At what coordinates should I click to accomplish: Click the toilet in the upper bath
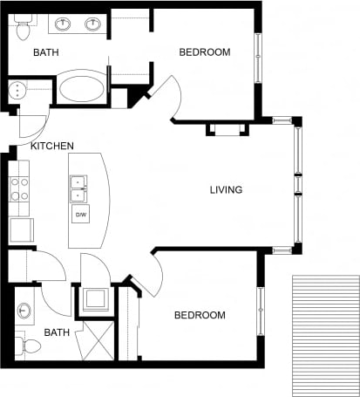(x=23, y=29)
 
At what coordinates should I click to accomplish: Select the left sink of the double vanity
(x=64, y=24)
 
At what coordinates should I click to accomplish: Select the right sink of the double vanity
(x=92, y=24)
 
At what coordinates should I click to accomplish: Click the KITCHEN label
(x=52, y=147)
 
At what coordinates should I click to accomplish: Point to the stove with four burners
(x=19, y=189)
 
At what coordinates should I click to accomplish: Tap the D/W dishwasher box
(x=80, y=215)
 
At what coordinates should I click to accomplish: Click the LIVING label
(x=226, y=189)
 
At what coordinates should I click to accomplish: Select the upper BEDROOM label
(x=205, y=52)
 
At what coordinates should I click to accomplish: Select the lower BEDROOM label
(x=200, y=315)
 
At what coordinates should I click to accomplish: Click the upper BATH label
(x=46, y=53)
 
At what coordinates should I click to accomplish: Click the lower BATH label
(x=57, y=332)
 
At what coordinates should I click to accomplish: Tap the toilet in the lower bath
(x=26, y=346)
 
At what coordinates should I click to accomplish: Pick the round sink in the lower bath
(x=24, y=311)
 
